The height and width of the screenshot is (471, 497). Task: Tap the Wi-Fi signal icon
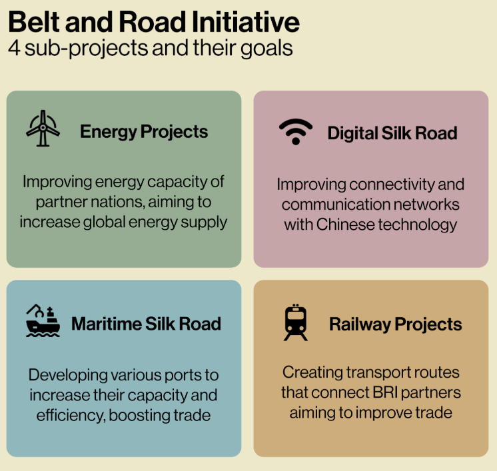click(295, 132)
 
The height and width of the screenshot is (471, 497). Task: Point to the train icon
click(296, 322)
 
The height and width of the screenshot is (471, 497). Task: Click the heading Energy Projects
click(144, 131)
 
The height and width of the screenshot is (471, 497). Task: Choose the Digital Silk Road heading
click(392, 133)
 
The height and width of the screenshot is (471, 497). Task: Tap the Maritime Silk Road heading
click(146, 324)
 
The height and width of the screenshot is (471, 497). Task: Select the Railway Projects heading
click(395, 324)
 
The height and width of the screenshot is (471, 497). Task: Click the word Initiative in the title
click(247, 22)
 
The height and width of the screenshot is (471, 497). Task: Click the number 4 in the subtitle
click(13, 49)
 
